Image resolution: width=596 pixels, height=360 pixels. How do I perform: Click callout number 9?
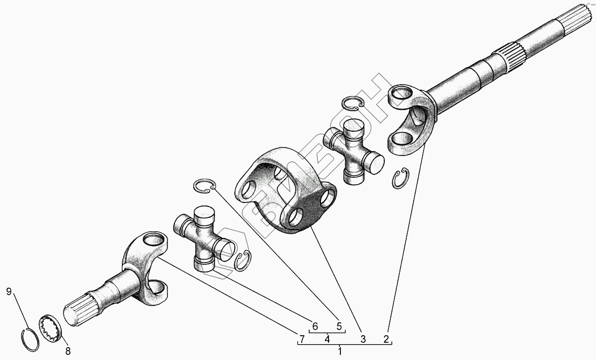point(9,292)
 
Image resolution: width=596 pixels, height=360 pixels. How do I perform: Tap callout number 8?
point(68,351)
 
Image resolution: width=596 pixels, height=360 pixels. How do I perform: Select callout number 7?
point(302,339)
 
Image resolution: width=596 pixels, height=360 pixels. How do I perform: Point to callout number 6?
point(315,326)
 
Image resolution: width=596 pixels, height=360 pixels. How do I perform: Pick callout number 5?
point(339,326)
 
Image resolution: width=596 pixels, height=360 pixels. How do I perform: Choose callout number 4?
point(327,339)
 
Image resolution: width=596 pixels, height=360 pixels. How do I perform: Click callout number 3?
point(363,339)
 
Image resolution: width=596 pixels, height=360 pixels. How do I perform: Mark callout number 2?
point(386,339)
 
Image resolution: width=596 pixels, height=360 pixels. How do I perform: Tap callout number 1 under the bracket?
point(340,351)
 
